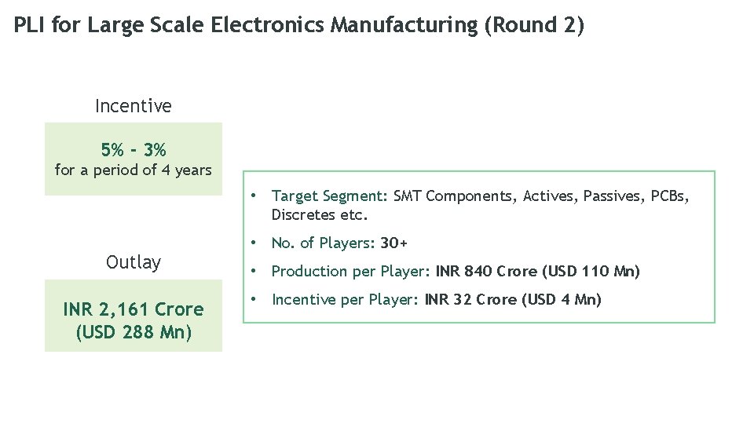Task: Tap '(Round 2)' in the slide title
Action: pos(534,25)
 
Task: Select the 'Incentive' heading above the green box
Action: pos(133,105)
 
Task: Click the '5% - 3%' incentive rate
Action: pos(133,149)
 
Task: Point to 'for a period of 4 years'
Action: pos(133,170)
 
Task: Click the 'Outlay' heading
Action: pos(133,262)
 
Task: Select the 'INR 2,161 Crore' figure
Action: pos(133,309)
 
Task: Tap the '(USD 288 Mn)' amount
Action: pos(133,331)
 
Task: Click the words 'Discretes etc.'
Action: pos(320,214)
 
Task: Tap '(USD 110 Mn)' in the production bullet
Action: pos(591,272)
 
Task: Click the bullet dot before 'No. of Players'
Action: pos(254,243)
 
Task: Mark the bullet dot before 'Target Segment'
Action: pos(254,195)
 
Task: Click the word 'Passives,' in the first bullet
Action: pos(615,196)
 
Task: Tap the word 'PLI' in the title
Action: pos(28,25)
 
